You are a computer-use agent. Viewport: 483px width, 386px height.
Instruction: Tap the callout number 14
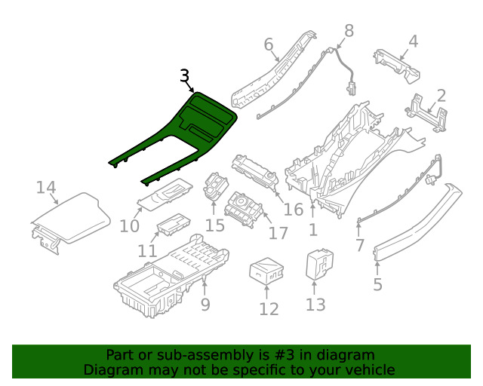(46, 187)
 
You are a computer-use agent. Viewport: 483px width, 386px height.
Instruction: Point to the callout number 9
(205, 305)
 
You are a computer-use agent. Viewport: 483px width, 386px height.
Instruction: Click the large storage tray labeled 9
(170, 275)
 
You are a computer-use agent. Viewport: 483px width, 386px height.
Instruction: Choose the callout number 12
(269, 309)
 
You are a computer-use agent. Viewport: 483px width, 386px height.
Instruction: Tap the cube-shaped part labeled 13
(318, 264)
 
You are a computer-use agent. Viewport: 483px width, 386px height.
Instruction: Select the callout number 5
(377, 284)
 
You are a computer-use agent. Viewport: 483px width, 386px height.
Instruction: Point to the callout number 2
(441, 96)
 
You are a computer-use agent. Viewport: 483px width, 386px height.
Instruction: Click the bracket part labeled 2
(424, 113)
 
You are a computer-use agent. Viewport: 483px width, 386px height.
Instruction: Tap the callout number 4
(413, 41)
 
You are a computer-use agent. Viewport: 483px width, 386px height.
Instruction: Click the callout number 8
(348, 31)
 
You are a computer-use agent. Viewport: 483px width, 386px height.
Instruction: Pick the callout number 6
(269, 45)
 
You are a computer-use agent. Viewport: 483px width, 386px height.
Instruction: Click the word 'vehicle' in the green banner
(369, 369)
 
